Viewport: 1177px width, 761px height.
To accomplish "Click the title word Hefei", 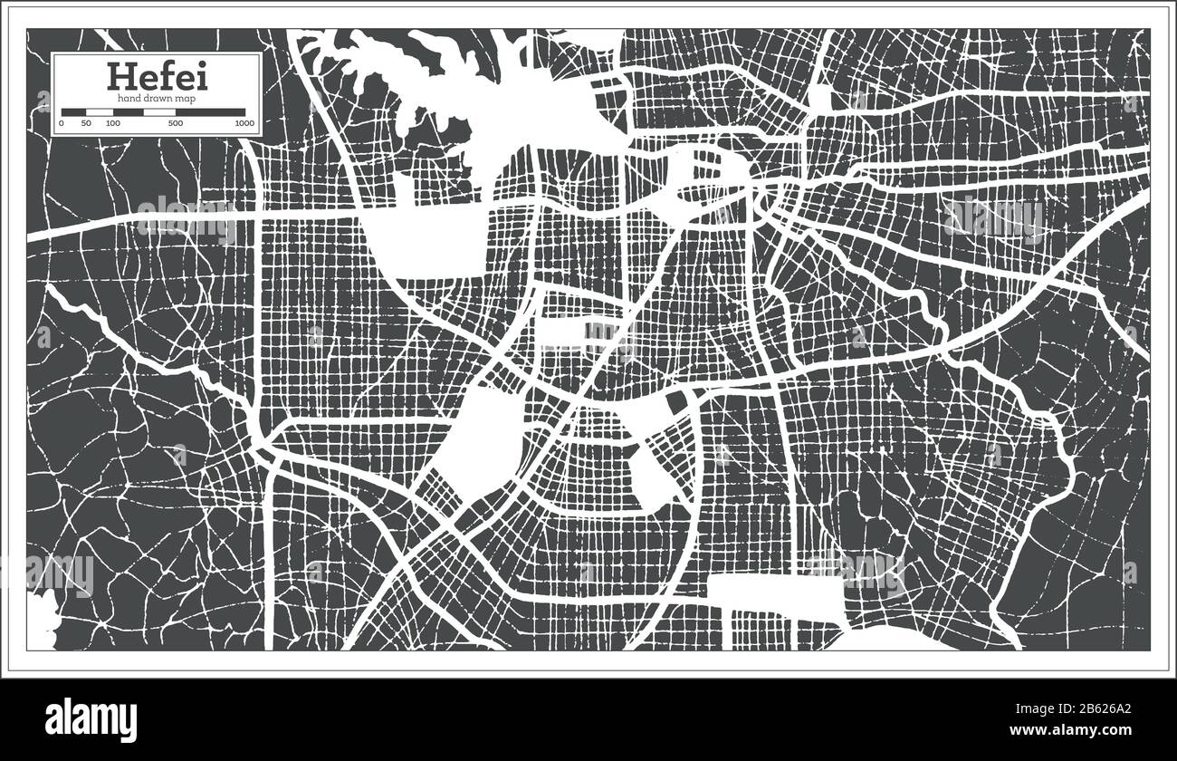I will pos(157,76).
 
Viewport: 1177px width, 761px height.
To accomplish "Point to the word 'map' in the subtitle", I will pos(184,97).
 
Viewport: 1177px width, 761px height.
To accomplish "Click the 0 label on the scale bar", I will pos(62,122).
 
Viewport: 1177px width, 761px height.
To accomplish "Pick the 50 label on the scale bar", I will pos(86,122).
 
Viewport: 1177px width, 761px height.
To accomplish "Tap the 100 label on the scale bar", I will pos(112,122).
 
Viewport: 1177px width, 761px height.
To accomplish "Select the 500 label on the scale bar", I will pos(176,122).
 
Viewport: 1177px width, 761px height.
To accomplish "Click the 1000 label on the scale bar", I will pos(244,122).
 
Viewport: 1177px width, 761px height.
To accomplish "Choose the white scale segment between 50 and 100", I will pos(100,112).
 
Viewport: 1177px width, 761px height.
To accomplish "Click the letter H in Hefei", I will pos(120,76).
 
